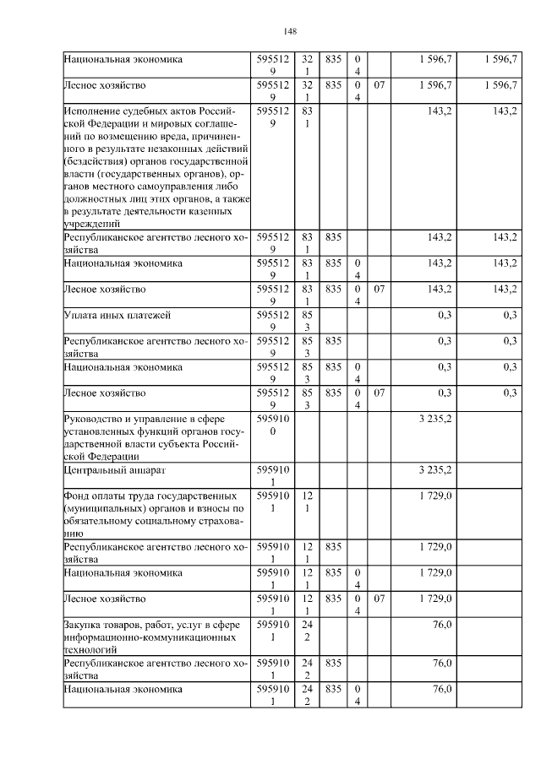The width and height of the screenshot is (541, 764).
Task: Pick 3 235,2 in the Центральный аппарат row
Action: tap(434, 470)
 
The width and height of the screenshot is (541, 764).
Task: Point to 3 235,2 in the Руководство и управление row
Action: tap(434, 418)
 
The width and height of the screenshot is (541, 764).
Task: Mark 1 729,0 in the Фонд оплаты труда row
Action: tap(434, 496)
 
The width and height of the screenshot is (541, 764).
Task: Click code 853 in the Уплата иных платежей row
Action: tap(305, 321)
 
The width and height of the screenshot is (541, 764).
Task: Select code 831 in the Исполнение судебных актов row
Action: tap(305, 117)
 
